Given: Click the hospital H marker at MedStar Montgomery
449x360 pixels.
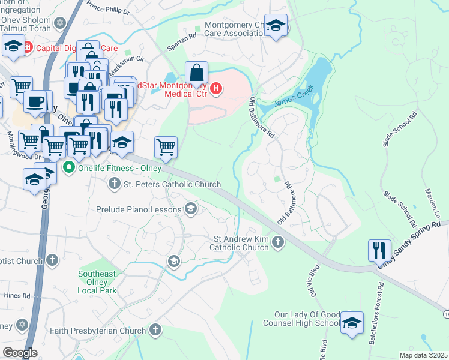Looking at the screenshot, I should [x=216, y=89].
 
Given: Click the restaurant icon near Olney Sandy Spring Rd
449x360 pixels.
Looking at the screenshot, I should [x=379, y=250].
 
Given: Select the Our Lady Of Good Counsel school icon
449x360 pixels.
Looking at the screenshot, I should [x=352, y=322].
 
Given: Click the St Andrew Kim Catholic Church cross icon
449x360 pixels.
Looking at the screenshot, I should [x=277, y=242].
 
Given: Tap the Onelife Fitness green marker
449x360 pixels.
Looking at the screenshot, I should [x=69, y=167].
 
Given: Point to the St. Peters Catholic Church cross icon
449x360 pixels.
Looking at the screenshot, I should [x=114, y=184].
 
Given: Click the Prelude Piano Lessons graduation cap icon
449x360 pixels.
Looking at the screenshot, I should [x=191, y=209].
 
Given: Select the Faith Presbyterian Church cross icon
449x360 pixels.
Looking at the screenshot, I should [x=155, y=329].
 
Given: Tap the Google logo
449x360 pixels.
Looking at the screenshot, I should [x=20, y=352].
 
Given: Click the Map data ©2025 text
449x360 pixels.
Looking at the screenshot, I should [x=423, y=355].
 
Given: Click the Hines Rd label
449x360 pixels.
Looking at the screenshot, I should [x=18, y=296].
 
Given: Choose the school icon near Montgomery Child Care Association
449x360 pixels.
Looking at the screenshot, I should [x=276, y=26].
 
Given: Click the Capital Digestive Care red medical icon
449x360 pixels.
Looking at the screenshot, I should [x=29, y=47].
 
